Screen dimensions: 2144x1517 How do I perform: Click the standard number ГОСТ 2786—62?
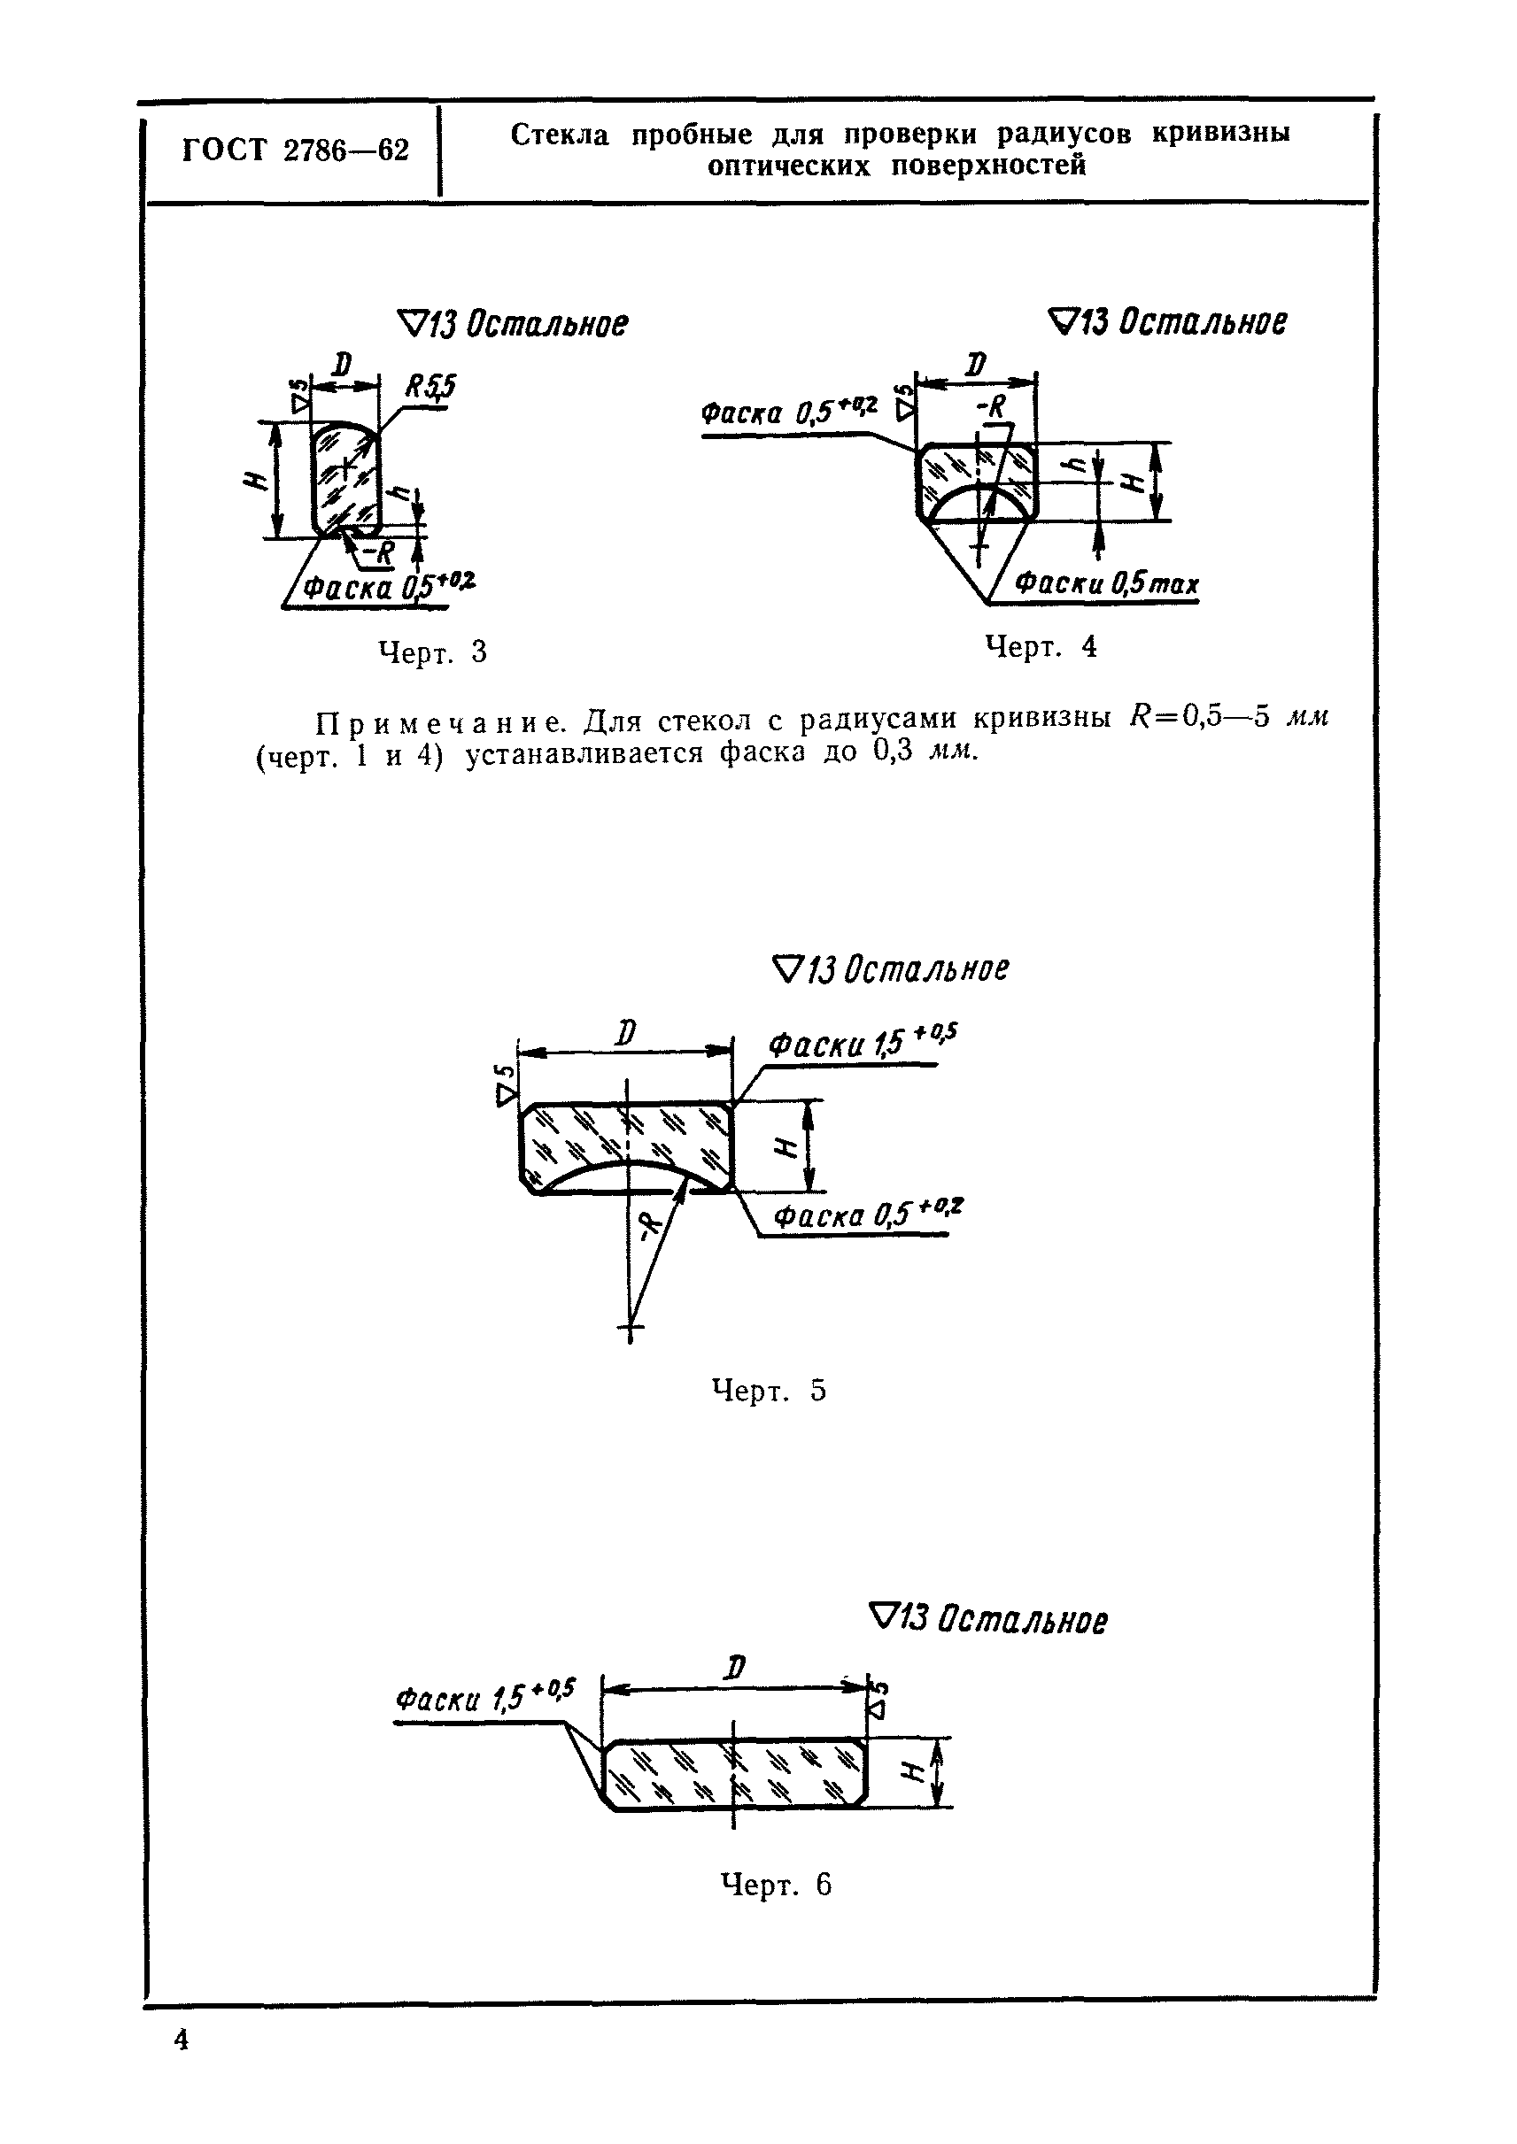(x=294, y=151)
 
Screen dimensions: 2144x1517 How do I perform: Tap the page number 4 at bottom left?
(x=182, y=2065)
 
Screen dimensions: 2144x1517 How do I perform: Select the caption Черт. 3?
(x=432, y=652)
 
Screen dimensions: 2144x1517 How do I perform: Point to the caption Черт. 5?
(x=769, y=1392)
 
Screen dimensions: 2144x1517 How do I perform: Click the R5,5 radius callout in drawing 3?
(x=430, y=386)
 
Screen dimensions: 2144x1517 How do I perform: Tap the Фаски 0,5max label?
(x=1107, y=584)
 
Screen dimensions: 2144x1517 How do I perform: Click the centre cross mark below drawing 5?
(x=631, y=1327)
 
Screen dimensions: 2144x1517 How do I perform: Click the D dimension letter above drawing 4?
(x=976, y=363)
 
